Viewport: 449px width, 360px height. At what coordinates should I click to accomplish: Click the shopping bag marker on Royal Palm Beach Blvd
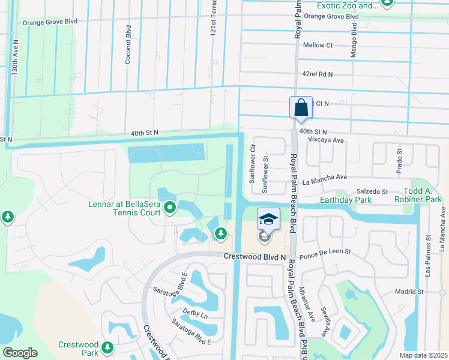301,108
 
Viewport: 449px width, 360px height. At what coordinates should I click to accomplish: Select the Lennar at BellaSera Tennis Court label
125,208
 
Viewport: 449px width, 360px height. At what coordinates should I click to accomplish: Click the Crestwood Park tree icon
107,347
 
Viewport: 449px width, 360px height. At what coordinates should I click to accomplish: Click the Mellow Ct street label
318,45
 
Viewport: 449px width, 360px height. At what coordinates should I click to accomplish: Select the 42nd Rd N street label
318,74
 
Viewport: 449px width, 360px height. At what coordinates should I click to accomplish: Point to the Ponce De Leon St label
324,254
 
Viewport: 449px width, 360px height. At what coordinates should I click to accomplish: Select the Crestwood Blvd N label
255,257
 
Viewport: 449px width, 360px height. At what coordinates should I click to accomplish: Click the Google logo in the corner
20,352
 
